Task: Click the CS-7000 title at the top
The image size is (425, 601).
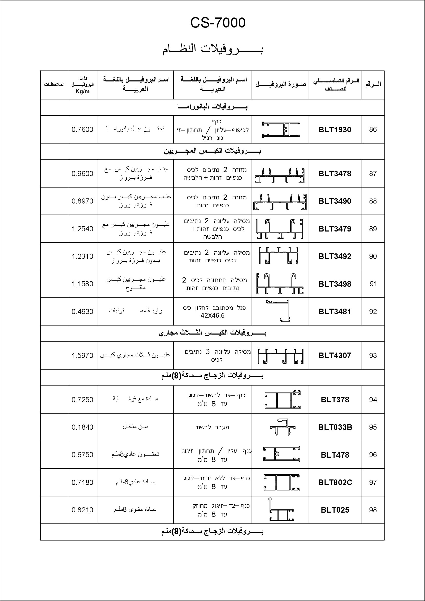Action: [218, 23]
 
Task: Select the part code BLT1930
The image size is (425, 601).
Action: [335, 130]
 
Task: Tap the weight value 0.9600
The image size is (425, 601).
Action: [82, 173]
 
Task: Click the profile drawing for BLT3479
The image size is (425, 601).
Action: [280, 229]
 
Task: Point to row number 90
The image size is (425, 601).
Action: [373, 256]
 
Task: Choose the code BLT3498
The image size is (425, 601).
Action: [335, 284]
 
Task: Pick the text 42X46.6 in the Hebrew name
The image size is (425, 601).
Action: [212, 316]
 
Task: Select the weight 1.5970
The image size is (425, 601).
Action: [82, 355]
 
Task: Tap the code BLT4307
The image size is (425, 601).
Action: [335, 355]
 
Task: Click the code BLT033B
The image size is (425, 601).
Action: [335, 427]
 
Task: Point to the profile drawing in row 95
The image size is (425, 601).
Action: [282, 427]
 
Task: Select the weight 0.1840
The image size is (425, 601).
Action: [82, 427]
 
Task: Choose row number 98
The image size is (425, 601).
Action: [373, 510]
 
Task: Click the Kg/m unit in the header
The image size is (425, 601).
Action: [82, 92]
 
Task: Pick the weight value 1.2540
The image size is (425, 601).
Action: [82, 229]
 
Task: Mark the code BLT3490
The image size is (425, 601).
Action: [335, 201]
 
